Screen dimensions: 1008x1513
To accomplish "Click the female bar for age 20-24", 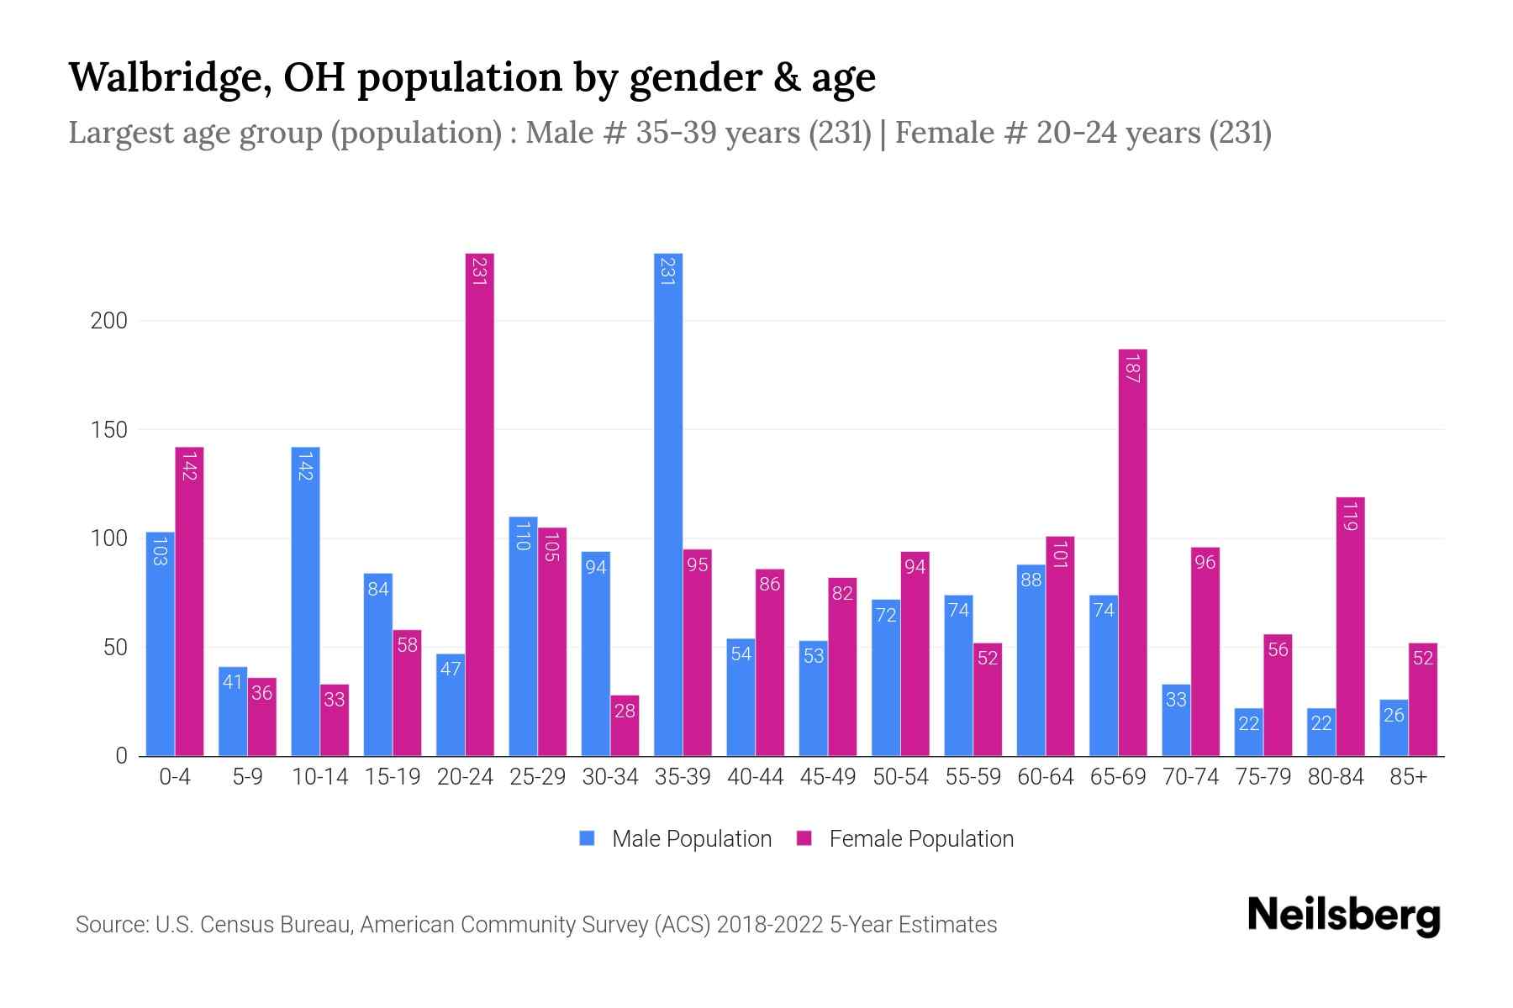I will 479,504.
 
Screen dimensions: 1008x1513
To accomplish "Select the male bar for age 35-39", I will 668,504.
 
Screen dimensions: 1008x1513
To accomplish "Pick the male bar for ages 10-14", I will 305,601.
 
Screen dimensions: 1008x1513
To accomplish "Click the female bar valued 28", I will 625,726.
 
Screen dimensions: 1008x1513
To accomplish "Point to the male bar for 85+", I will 1394,727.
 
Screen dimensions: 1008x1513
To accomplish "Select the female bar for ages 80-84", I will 1350,627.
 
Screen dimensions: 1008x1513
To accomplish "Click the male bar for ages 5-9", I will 233,711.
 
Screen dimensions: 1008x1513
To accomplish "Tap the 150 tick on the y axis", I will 109,430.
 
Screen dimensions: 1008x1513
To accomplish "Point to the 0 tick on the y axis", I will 121,756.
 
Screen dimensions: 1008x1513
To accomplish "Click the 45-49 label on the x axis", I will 828,777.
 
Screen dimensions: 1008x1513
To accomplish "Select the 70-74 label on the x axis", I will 1190,777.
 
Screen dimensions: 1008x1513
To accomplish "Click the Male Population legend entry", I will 691,838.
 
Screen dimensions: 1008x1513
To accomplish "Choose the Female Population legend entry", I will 920,838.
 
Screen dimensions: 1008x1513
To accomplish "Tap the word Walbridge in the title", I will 167,78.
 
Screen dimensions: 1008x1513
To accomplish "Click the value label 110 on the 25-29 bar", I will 523,536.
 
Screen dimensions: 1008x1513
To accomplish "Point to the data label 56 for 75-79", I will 1278,649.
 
